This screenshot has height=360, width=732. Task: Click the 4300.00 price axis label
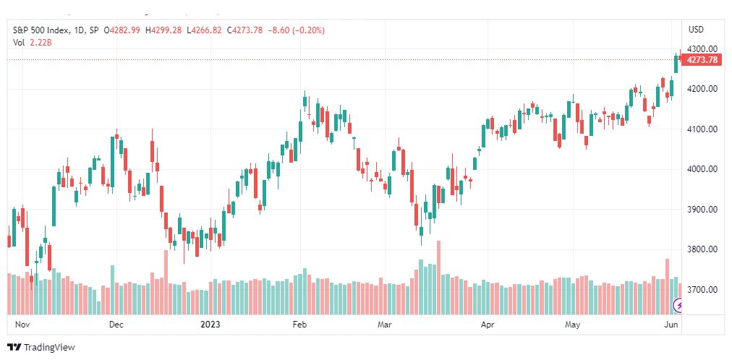[702, 48]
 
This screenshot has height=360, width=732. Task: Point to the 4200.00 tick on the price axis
[702, 89]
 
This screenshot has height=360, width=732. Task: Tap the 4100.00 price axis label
[702, 129]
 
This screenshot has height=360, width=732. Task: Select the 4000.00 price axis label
[702, 169]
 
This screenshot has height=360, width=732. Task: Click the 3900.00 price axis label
[702, 210]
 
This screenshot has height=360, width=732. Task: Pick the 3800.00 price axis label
[702, 249]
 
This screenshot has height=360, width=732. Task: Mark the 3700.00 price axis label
[702, 290]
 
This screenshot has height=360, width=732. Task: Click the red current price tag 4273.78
[702, 60]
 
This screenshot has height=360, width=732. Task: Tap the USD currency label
[696, 30]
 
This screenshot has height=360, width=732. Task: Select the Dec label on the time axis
[116, 324]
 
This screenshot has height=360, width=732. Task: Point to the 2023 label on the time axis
[210, 324]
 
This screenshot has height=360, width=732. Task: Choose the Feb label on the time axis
[299, 324]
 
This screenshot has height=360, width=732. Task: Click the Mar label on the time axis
[385, 324]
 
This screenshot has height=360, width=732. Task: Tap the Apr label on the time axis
[488, 324]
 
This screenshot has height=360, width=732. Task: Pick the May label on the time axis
[572, 324]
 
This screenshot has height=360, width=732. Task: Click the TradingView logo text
[49, 348]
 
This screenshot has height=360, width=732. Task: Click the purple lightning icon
[678, 306]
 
